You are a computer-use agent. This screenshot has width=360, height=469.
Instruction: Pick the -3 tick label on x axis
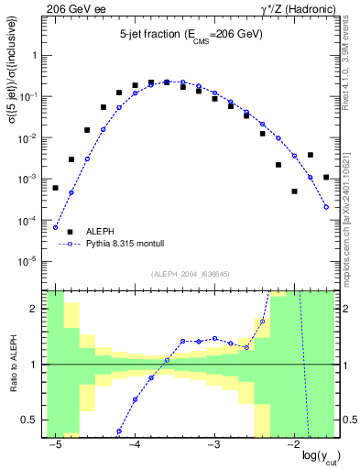pos(213,444)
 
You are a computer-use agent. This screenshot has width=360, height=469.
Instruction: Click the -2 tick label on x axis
pos(291,444)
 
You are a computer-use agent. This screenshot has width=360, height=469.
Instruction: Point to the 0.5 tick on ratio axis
pos(32,420)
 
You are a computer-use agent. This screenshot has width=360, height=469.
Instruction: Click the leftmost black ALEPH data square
pos(55,188)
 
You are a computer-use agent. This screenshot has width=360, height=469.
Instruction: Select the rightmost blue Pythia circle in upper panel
pos(326,207)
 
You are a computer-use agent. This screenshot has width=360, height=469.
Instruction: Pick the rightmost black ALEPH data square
pos(326,177)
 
